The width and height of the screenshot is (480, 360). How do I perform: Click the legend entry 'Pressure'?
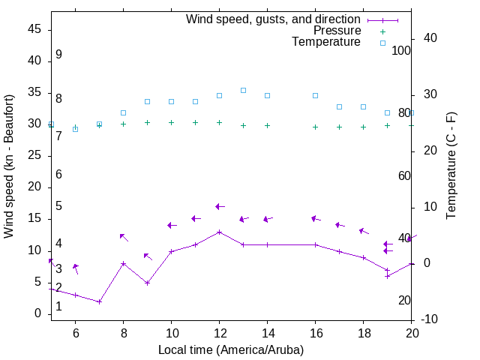coord(337,31)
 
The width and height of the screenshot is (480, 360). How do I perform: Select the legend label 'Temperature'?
coord(326,42)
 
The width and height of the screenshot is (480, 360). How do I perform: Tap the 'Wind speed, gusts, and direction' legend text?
coord(274,19)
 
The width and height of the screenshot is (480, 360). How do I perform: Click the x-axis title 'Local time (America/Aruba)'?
coord(231,349)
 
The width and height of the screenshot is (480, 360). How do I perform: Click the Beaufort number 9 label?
coord(58,55)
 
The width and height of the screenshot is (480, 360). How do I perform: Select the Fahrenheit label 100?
coord(401,50)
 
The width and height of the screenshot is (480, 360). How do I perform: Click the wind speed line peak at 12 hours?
coord(219,232)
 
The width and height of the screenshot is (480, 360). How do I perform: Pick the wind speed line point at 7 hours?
coord(99,301)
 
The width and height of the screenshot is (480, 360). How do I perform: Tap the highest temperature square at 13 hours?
coord(243,90)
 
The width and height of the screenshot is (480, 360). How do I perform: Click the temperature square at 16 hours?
coord(315,95)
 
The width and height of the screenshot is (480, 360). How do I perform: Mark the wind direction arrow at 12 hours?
coord(219,206)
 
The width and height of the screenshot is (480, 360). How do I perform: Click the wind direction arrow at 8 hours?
coord(124,237)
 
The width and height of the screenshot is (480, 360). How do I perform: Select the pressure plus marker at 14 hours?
coord(267,126)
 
